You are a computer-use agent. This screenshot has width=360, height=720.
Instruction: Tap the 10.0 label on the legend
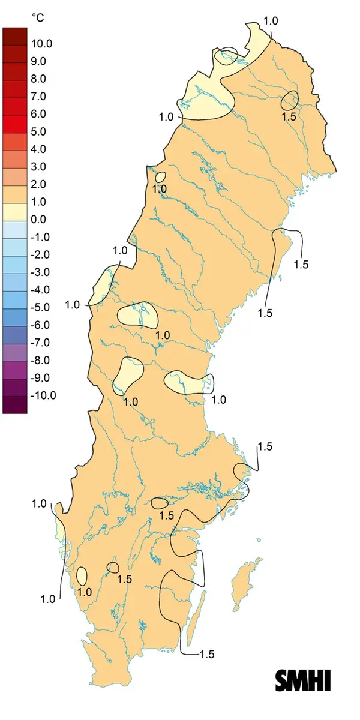[x=43, y=44]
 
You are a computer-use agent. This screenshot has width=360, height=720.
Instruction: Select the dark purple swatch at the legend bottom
[x=14, y=404]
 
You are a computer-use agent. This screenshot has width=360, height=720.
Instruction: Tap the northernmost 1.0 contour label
[x=271, y=21]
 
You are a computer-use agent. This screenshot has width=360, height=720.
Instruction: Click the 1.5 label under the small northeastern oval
[x=289, y=117]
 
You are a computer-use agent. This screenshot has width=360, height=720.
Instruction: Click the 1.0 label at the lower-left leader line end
[x=48, y=598]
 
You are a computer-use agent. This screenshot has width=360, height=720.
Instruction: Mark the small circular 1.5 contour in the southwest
[x=112, y=567]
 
